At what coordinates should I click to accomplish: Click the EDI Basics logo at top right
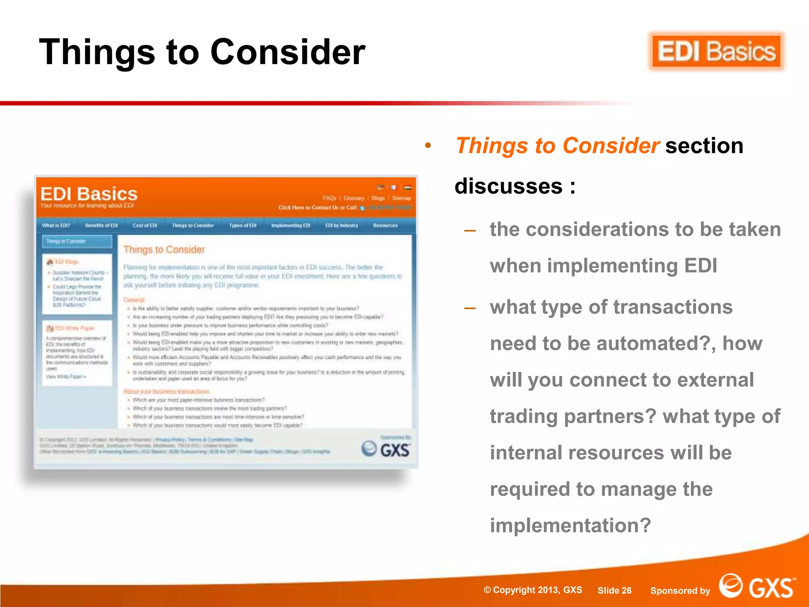point(716,52)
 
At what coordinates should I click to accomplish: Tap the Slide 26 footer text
point(614,590)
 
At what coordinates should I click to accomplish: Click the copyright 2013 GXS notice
point(533,590)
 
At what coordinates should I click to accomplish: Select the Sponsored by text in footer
point(680,591)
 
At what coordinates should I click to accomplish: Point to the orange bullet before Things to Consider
point(428,146)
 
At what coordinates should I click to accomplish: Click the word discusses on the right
point(508,186)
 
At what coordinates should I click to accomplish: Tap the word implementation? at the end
point(570,526)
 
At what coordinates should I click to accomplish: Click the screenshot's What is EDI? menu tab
point(56,226)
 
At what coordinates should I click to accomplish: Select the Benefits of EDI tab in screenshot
point(102,226)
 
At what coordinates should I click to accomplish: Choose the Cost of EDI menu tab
point(145,226)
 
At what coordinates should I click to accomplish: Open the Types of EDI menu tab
point(243,226)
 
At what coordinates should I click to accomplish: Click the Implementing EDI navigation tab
point(291,226)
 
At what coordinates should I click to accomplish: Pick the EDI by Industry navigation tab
point(342,226)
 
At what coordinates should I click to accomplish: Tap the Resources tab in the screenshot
point(385,226)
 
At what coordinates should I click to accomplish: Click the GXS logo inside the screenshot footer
point(386,449)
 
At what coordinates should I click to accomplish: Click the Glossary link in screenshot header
point(354,198)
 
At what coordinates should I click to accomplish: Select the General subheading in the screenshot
point(134,300)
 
